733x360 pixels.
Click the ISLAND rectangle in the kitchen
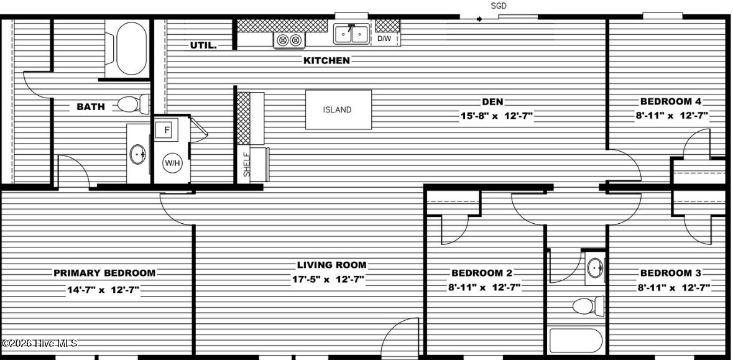[x=338, y=109]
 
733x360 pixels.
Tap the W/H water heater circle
[x=172, y=163]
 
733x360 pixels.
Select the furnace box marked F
[x=164, y=131]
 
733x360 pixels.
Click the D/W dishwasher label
[x=385, y=39]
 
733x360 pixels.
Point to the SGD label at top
[x=499, y=6]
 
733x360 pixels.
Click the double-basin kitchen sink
[x=351, y=34]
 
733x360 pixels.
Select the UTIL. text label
[x=203, y=45]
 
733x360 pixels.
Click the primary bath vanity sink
[x=138, y=154]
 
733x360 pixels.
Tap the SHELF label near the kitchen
[x=247, y=165]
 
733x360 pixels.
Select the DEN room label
[x=492, y=102]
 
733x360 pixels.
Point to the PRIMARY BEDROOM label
[x=104, y=273]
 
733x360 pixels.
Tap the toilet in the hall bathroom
[x=587, y=306]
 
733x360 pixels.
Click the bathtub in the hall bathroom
[x=575, y=341]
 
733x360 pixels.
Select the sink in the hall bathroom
[x=594, y=268]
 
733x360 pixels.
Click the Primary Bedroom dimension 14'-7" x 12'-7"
[x=103, y=289]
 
